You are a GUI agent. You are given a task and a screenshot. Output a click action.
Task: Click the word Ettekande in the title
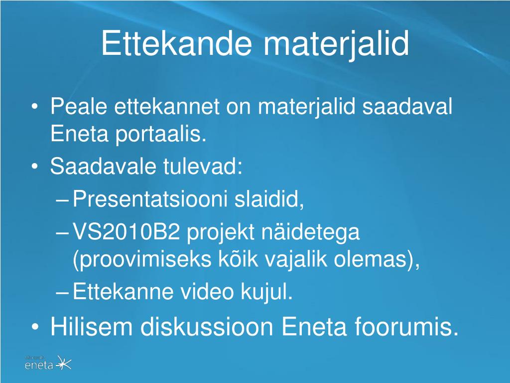pos(177,43)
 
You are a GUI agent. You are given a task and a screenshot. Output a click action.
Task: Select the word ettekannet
pos(167,107)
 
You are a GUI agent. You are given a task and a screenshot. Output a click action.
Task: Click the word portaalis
pos(161,134)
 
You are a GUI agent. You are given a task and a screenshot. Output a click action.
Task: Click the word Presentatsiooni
pos(149,198)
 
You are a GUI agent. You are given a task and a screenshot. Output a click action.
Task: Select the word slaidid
pos(269,198)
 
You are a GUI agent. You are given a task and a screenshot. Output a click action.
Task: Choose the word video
pos(207,291)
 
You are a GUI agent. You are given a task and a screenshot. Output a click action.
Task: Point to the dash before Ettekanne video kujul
pos(62,292)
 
